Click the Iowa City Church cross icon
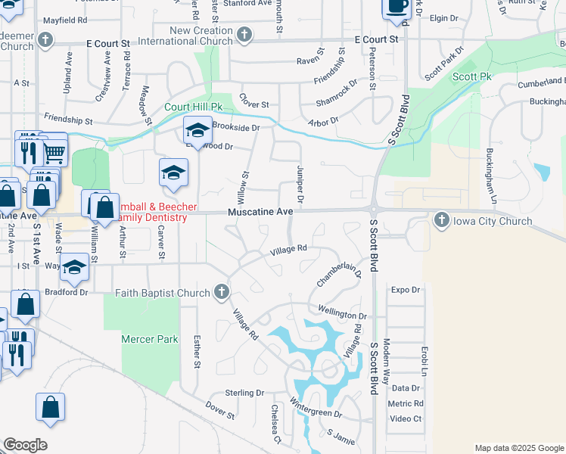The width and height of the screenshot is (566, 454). tap(442, 221)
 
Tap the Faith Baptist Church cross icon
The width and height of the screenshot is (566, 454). tap(221, 292)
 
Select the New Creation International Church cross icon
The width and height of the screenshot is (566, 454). tap(244, 35)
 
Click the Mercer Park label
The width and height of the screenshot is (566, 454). tap(150, 339)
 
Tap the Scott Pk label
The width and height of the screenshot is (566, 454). tap(472, 77)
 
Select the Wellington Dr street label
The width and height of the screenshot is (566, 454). tap(342, 316)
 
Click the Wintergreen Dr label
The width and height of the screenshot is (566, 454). tap(317, 414)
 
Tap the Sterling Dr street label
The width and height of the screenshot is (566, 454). tap(244, 393)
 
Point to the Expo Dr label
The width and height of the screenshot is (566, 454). tap(406, 289)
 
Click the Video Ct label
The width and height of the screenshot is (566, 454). tap(406, 418)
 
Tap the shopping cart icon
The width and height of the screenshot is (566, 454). tap(54, 154)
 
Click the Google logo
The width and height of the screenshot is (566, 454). tap(25, 445)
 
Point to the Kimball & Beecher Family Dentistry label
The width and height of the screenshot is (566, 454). tap(151, 212)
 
